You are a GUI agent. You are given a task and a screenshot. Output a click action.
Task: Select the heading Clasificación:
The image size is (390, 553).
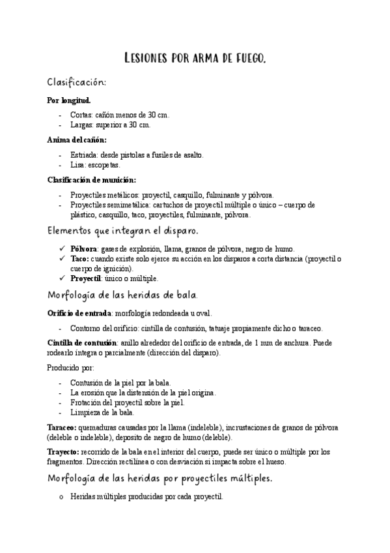pyautogui.click(x=76, y=83)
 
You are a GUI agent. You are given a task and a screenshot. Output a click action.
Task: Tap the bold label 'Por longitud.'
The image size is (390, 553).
pyautogui.click(x=69, y=101)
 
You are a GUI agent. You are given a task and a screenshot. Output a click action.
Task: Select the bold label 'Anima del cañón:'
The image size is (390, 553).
pyautogui.click(x=77, y=140)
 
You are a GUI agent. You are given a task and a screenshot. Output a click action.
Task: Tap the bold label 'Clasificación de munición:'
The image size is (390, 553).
pyautogui.click(x=92, y=180)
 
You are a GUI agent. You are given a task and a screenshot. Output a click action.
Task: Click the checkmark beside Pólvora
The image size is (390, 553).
pyautogui.click(x=61, y=249)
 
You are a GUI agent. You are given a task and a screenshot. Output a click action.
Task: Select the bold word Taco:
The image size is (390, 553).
pyautogui.click(x=81, y=258)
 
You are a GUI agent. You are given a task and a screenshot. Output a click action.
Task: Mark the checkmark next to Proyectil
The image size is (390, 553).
pyautogui.click(x=61, y=278)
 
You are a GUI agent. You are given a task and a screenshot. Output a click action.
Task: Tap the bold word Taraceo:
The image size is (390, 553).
pyautogui.click(x=64, y=427)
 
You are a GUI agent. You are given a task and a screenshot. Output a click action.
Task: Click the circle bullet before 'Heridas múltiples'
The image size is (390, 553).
pyautogui.click(x=61, y=497)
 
